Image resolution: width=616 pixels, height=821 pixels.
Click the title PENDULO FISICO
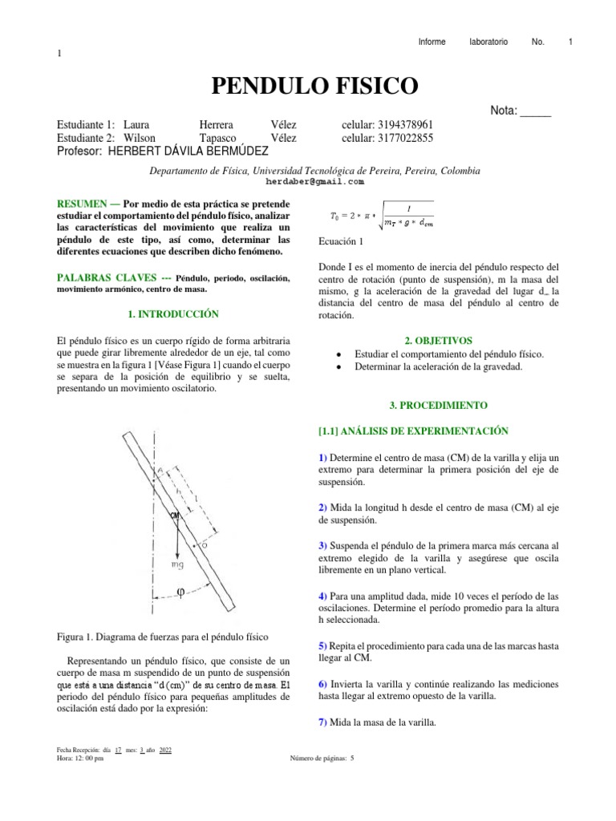[x=314, y=85]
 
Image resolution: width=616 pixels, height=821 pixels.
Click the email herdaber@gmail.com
[x=310, y=182]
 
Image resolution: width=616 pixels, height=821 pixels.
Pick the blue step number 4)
[x=323, y=597]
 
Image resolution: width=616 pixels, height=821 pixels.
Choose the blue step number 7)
[x=323, y=722]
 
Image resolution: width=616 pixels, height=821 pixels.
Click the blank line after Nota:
[x=536, y=111]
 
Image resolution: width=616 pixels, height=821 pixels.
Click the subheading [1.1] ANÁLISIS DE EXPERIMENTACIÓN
[x=414, y=431]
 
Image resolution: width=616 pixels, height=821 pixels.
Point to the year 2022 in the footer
[x=166, y=750]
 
